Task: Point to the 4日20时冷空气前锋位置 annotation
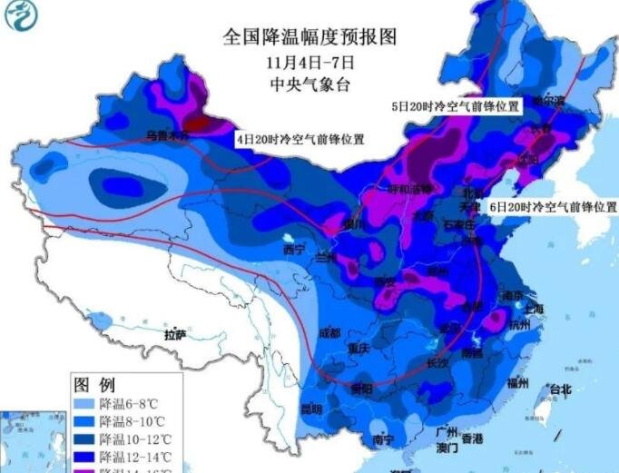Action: click(300, 140)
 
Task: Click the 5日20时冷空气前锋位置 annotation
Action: click(456, 106)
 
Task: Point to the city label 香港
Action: click(471, 439)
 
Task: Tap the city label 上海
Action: click(533, 309)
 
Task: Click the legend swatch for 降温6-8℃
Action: click(85, 402)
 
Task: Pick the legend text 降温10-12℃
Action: click(133, 439)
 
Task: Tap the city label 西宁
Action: click(295, 250)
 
